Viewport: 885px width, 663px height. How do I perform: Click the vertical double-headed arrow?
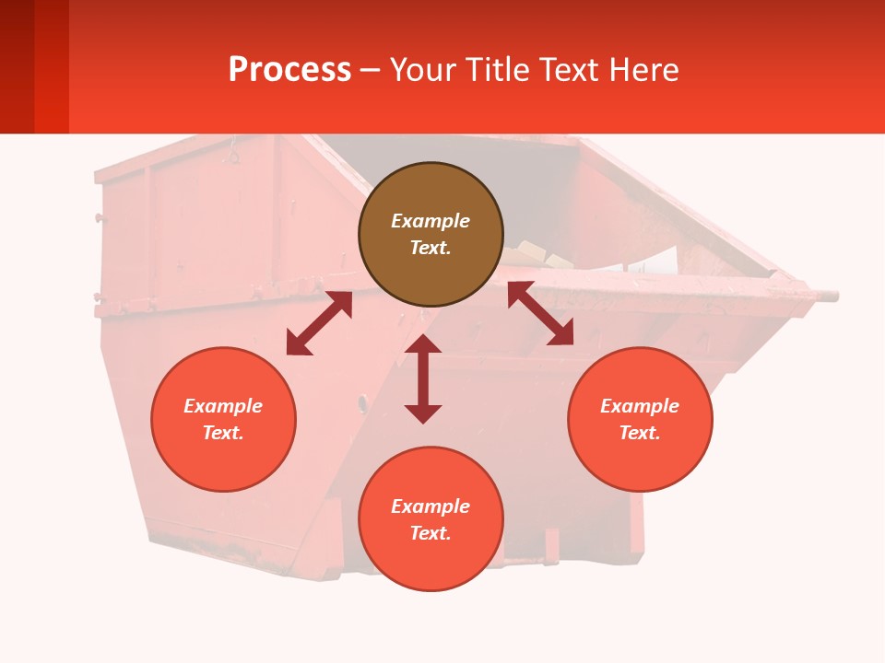point(423,378)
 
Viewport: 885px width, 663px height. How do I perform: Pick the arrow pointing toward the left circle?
point(319,323)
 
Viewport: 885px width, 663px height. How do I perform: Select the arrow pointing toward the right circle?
point(540,313)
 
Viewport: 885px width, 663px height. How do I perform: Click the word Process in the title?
point(289,69)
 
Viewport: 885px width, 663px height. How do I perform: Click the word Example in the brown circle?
point(431,221)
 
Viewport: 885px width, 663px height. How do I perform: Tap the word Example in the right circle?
point(640,406)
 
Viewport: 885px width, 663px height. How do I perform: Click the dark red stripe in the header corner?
point(17,66)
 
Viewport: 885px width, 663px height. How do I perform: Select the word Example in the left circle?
point(223,406)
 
